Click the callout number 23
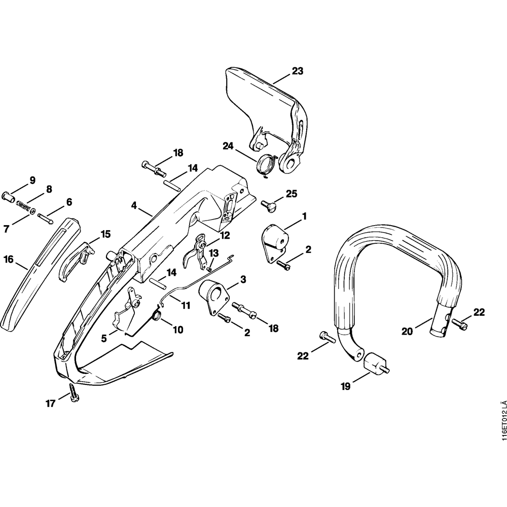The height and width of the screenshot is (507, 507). pos(297,71)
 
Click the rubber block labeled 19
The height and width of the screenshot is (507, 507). pos(376,364)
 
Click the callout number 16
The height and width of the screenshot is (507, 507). pos(8,260)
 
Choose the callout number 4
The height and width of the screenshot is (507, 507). pos(134,206)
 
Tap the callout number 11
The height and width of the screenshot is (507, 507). pos(186,306)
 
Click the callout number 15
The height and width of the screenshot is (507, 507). pos(105,234)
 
